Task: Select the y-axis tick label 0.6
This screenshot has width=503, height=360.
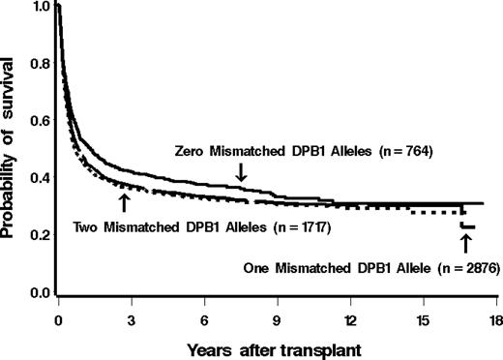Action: point(39,121)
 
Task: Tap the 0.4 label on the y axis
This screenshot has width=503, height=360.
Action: point(39,178)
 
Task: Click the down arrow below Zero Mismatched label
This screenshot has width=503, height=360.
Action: point(241,171)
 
